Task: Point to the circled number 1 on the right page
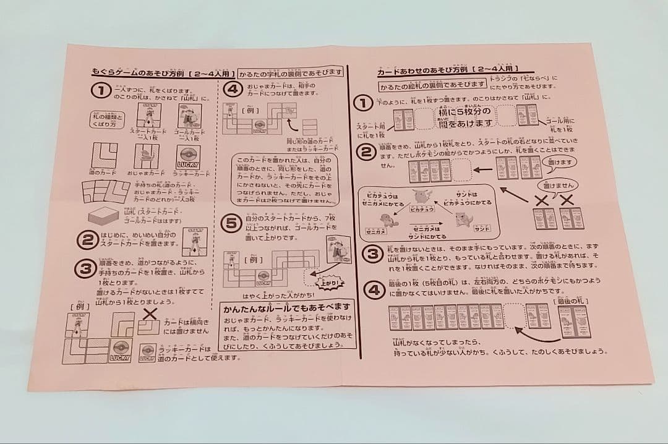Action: click(365, 103)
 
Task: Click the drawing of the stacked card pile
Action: click(108, 216)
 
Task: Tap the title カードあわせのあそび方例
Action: click(421, 71)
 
